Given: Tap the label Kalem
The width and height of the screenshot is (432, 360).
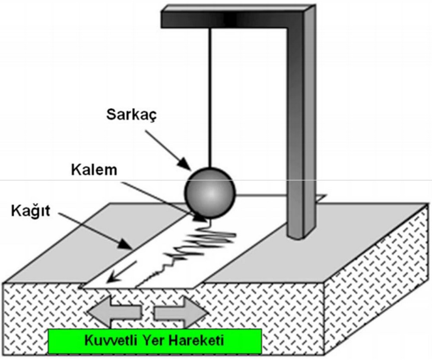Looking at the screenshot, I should coord(94,170).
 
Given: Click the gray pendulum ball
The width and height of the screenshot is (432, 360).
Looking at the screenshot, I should coord(210,191).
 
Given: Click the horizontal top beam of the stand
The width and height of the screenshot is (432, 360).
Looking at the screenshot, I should coord(229,18).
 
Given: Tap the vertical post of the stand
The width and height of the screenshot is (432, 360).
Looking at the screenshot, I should coord(301,130).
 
